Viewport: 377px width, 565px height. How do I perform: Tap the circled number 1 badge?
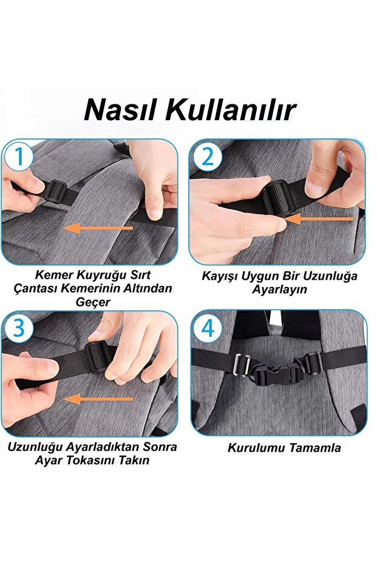(18, 157)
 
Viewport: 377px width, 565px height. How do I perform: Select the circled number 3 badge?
(18, 328)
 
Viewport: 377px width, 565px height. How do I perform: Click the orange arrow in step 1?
(98, 228)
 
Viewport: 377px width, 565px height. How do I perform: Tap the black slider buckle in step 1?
(56, 191)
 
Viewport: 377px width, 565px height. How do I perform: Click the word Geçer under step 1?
(93, 302)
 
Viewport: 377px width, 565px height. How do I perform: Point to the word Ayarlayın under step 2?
(279, 289)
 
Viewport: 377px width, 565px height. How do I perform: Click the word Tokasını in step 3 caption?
(91, 460)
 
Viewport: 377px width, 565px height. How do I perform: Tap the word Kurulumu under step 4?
(256, 448)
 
